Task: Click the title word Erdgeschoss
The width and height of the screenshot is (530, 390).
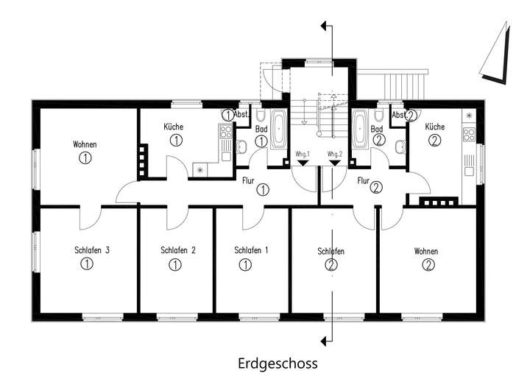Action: coord(278,364)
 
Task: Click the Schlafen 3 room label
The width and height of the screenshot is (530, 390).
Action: coord(92,250)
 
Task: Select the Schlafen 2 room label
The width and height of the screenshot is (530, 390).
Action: coord(178,250)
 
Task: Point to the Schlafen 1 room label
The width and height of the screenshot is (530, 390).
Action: coord(251,250)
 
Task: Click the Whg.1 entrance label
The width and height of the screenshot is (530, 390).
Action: coord(303,154)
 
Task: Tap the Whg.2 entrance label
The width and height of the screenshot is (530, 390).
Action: coord(335,154)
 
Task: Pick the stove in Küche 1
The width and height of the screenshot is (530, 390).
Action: coord(225,132)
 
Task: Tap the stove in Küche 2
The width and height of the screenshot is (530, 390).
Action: coord(469,134)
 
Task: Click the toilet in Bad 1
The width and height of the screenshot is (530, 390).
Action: coord(261,115)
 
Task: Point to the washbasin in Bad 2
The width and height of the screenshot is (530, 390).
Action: coord(401,146)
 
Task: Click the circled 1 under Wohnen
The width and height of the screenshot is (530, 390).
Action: coord(85,157)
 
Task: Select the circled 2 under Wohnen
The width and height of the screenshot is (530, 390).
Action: coord(428,265)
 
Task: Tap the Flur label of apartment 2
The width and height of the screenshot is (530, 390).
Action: coord(364,181)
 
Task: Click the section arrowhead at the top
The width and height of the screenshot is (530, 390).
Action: coord(325,26)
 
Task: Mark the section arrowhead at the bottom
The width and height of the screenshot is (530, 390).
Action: coord(325,341)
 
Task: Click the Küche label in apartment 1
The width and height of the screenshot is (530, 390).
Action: coord(174,127)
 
